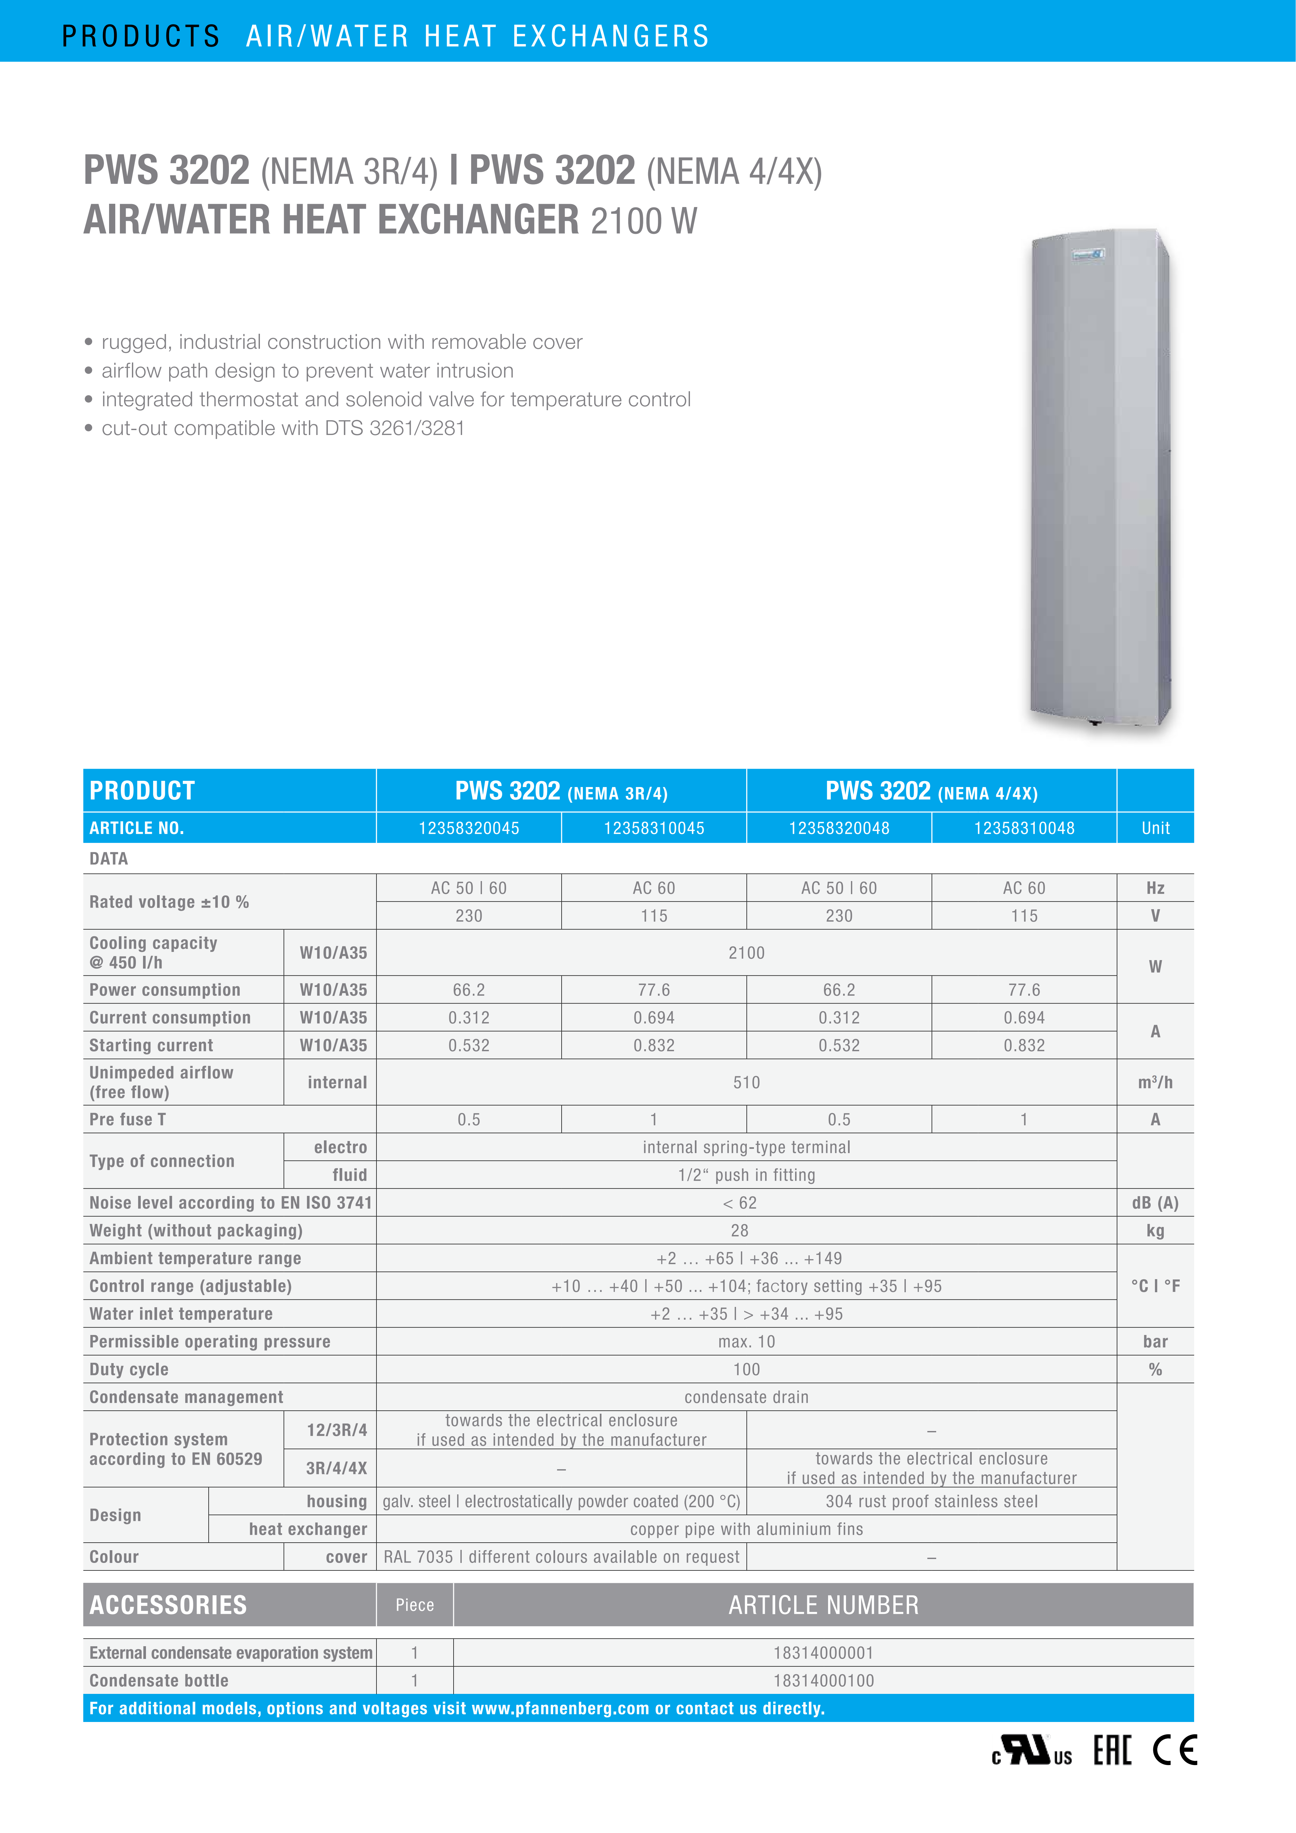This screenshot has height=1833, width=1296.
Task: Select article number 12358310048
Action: click(1024, 828)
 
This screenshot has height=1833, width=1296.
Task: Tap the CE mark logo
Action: click(1175, 1750)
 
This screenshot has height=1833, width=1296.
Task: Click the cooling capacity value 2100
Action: click(746, 953)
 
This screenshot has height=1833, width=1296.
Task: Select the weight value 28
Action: click(740, 1230)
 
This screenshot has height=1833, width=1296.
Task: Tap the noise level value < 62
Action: click(740, 1202)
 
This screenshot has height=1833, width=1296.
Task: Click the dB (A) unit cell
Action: click(1155, 1202)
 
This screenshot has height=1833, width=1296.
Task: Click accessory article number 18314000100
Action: click(824, 1680)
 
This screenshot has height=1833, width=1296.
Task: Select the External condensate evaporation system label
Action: click(231, 1653)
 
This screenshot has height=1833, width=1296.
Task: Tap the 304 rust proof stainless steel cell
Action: click(931, 1501)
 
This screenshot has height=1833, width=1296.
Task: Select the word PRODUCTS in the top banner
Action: click(140, 36)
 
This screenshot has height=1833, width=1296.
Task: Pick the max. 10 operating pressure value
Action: click(746, 1341)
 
